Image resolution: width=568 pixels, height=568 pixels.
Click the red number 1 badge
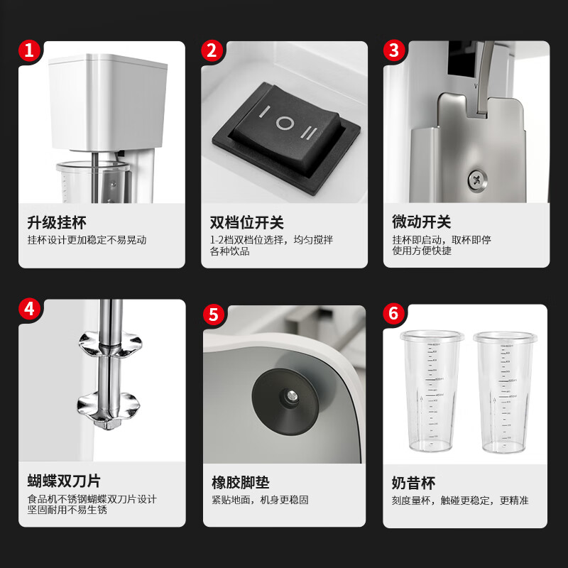29,50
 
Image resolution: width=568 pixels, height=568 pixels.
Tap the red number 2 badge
211,50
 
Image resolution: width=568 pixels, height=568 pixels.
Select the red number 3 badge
395,50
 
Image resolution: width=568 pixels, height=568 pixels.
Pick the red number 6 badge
394,314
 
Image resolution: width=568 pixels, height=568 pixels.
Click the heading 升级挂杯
57,223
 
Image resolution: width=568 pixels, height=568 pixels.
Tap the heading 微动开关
421,223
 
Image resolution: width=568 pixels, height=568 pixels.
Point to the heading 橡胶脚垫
241,483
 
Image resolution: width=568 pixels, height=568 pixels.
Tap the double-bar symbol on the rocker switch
310,133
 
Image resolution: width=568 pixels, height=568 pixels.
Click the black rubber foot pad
285,397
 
